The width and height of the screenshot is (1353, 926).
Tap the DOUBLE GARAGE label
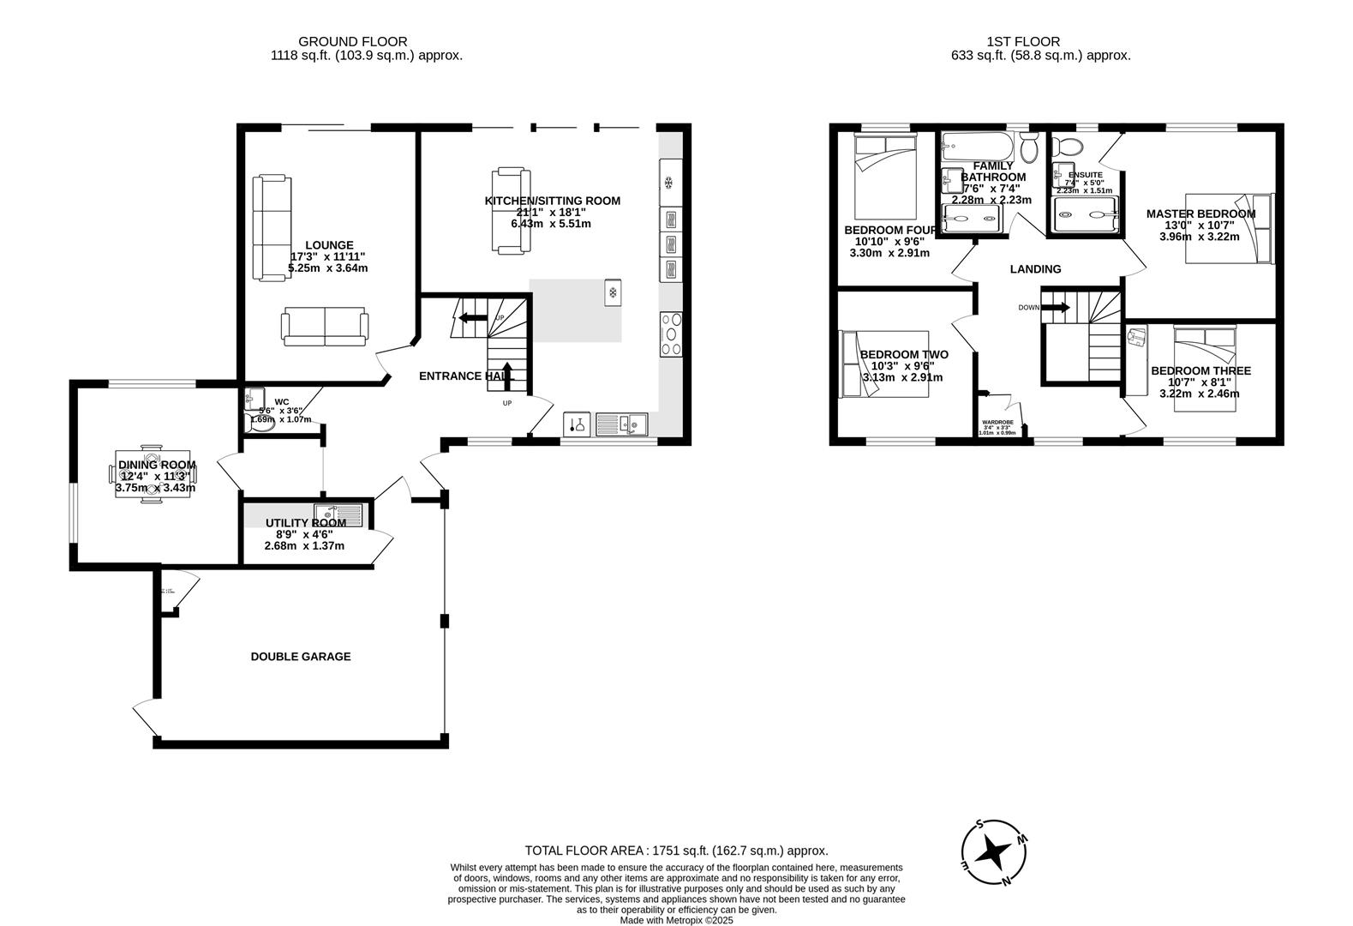[x=300, y=657]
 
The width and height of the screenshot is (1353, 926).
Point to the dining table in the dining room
[x=153, y=473]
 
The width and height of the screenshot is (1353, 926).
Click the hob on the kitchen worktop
[x=671, y=334]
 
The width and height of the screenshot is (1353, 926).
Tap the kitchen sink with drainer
[x=623, y=424]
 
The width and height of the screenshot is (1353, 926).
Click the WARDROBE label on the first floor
[x=997, y=423]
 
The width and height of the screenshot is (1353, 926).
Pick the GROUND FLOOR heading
[x=352, y=41]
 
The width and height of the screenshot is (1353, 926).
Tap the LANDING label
[x=1035, y=269]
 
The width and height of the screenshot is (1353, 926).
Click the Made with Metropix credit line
[x=676, y=920]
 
